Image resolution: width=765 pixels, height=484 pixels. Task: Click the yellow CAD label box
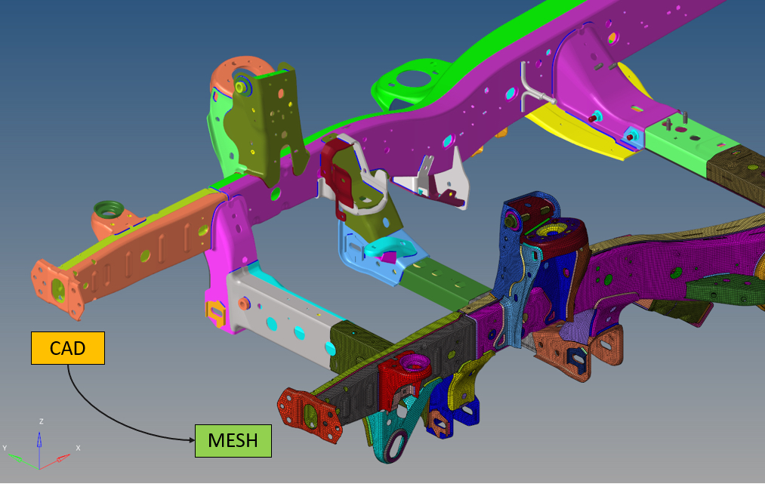[68, 348]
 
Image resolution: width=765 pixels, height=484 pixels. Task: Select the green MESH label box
[233, 440]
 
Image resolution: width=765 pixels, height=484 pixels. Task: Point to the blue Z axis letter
[42, 421]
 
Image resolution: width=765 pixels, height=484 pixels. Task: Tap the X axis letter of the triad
[78, 448]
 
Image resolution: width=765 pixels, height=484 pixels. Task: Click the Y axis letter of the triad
[5, 448]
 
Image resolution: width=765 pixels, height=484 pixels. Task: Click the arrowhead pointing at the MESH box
[191, 440]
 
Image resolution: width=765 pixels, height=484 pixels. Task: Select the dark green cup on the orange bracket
[108, 209]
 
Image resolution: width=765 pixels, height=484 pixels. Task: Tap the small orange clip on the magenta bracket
[215, 313]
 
